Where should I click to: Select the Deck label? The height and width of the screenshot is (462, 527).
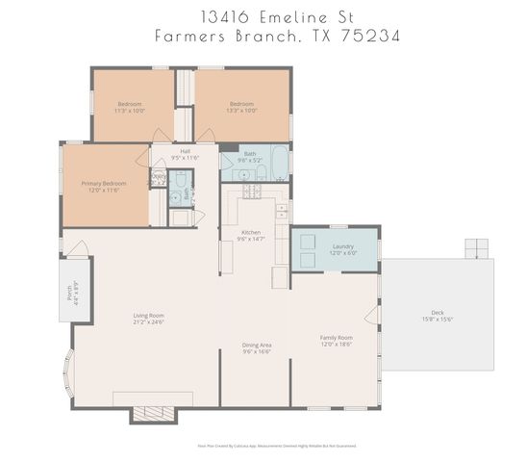point(438,313)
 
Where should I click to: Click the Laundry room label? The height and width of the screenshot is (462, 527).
point(342,246)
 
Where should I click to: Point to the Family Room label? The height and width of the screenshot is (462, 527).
point(336,338)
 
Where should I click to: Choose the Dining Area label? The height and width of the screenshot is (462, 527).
point(256,345)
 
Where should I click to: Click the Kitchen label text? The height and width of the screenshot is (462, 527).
point(252,233)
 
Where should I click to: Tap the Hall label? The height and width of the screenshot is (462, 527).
point(185,151)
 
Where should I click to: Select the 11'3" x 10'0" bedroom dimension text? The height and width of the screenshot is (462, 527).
point(131,111)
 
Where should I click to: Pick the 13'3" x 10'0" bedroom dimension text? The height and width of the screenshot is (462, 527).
point(241,111)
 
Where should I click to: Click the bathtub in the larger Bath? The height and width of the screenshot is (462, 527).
point(278,164)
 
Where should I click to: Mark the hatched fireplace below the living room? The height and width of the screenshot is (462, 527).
point(154,414)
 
